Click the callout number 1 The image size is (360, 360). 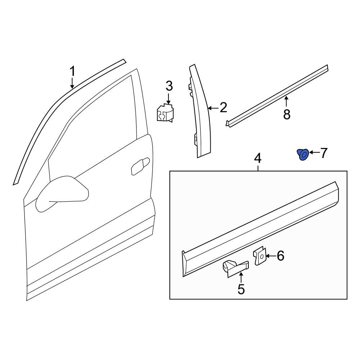pyautogui.click(x=72, y=71)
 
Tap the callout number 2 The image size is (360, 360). pyautogui.click(x=223, y=107)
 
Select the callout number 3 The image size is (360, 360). pyautogui.click(x=169, y=86)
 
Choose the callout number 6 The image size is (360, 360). pyautogui.click(x=280, y=256)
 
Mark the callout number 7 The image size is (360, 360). pyautogui.click(x=324, y=153)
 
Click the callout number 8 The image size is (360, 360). pyautogui.click(x=287, y=114)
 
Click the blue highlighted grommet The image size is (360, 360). pyautogui.click(x=303, y=155)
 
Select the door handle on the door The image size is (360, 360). pyautogui.click(x=140, y=166)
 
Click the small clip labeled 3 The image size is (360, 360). pyautogui.click(x=165, y=113)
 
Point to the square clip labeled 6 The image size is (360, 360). pyautogui.click(x=260, y=256)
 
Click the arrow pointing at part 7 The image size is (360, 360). pyautogui.click(x=314, y=153)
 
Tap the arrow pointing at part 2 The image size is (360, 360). pyautogui.click(x=213, y=107)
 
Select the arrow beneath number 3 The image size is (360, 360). pyautogui.click(x=169, y=98)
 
